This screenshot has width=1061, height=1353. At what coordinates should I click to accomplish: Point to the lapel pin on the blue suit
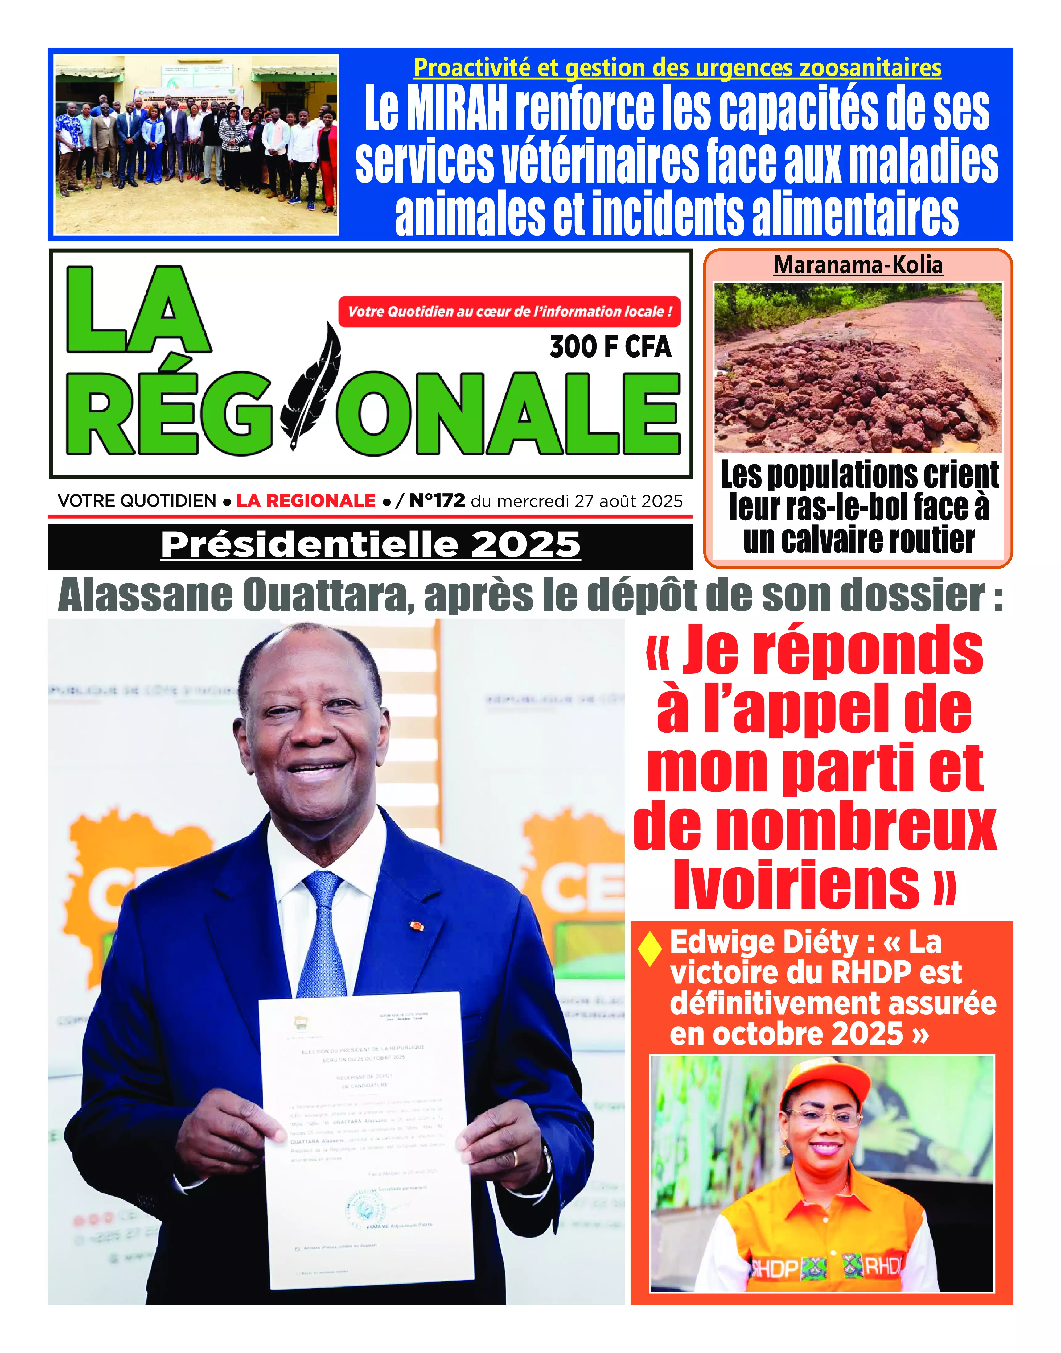coord(416,926)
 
